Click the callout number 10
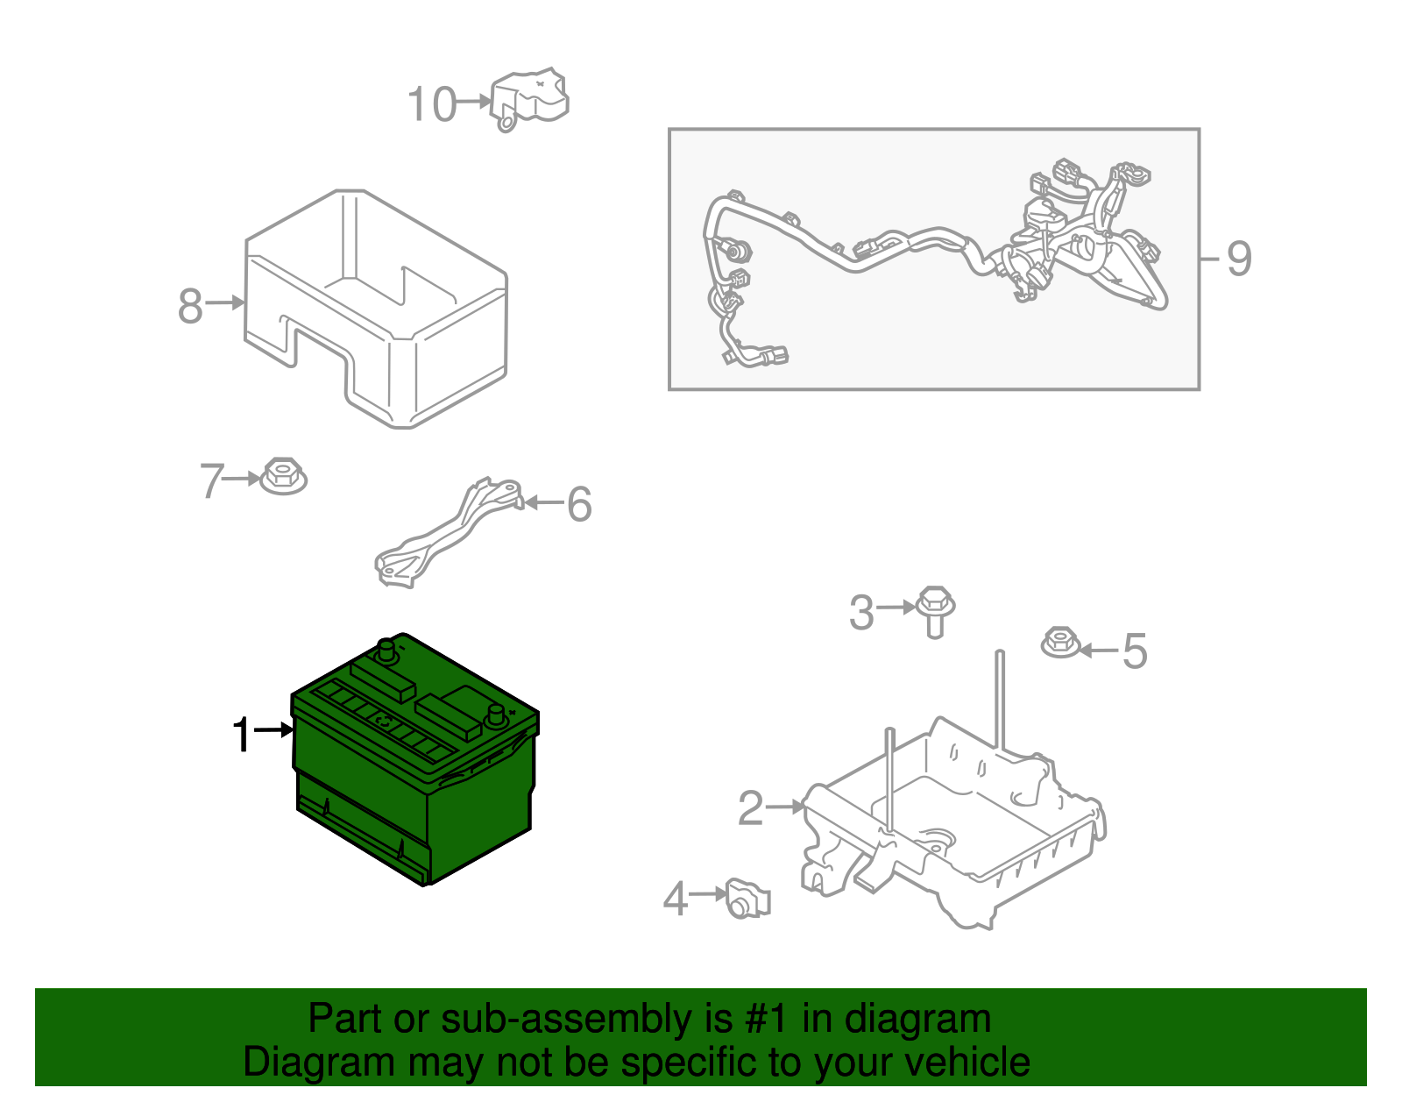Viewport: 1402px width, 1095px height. (x=432, y=104)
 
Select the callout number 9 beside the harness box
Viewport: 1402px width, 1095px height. (x=1239, y=259)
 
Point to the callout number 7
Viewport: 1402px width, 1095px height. (x=212, y=480)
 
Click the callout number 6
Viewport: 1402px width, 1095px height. (x=579, y=504)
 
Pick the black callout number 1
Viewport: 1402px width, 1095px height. (x=242, y=735)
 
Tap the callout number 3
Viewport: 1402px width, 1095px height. (x=861, y=612)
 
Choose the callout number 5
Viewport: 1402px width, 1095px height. (x=1136, y=651)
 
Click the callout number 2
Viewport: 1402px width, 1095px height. (x=750, y=807)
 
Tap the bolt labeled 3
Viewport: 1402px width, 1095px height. (x=935, y=611)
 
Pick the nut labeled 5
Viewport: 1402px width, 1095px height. (x=1060, y=643)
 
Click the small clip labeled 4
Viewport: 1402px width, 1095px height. (x=747, y=898)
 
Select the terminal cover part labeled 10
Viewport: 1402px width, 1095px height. (x=529, y=99)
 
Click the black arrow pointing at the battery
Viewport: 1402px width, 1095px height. (x=273, y=729)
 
